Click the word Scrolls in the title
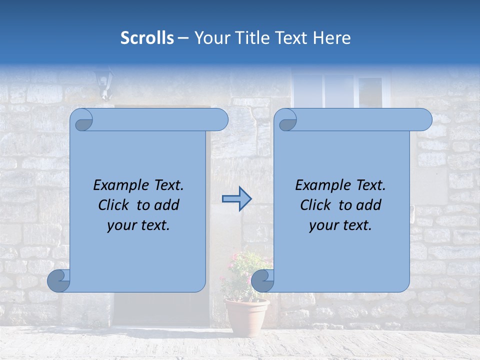click(147, 38)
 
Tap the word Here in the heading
click(331, 38)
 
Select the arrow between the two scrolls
click(236, 199)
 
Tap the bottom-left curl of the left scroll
click(58, 280)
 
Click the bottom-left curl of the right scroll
click(262, 280)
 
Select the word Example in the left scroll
click(118, 185)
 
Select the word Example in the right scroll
click(320, 185)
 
